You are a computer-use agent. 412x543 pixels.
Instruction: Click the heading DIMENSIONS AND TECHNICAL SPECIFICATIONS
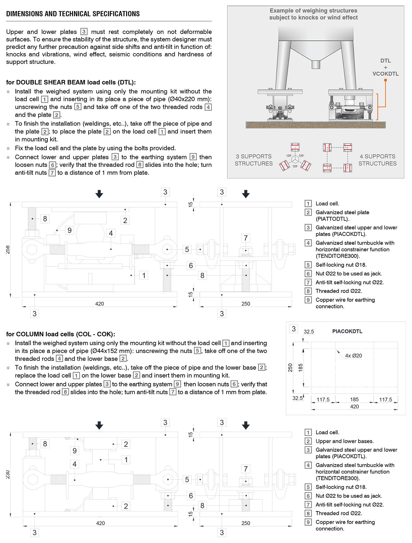73,14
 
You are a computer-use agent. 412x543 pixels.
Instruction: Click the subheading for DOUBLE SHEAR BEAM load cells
71,82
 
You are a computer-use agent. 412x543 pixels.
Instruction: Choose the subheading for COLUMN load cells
61,334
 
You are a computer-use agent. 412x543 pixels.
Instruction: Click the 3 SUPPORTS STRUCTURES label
253,160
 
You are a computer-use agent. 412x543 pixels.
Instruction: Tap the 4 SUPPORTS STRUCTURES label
377,160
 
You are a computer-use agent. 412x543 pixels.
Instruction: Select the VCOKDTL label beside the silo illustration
386,74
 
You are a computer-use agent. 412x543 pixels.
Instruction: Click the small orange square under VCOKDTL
386,80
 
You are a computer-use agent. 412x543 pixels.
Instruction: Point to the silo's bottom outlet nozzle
316,64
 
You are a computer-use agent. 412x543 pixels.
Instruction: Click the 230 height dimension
8,474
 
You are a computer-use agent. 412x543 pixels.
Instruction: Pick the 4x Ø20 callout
353,356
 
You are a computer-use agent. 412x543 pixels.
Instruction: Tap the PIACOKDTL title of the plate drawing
347,332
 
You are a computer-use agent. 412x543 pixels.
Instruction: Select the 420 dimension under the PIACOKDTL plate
354,406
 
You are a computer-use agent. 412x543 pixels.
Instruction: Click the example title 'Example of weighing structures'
313,11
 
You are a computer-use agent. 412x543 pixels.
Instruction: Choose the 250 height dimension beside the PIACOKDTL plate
290,368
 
